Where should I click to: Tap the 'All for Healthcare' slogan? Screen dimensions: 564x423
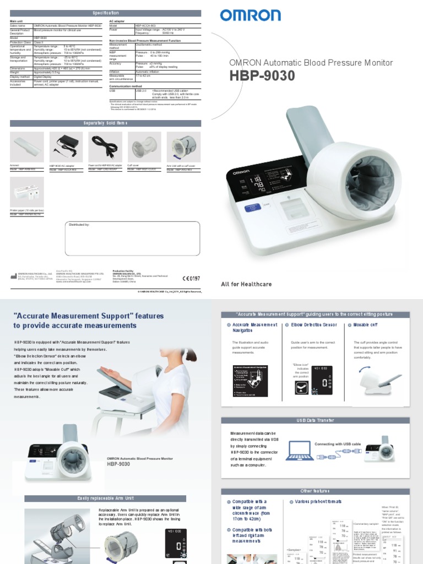click(246, 284)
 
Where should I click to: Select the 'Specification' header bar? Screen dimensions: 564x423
click(105, 12)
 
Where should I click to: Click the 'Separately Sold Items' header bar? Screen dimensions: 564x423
click(105, 123)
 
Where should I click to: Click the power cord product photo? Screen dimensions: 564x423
click(105, 146)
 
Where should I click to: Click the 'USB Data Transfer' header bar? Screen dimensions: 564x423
click(315, 420)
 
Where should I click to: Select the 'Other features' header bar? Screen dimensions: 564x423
click(315, 490)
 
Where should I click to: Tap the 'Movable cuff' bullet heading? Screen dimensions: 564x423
click(365, 325)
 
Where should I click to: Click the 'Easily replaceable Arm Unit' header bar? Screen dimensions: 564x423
click(105, 498)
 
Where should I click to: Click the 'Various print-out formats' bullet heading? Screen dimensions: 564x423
click(318, 502)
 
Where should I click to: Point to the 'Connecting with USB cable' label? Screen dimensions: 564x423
click(338, 443)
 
